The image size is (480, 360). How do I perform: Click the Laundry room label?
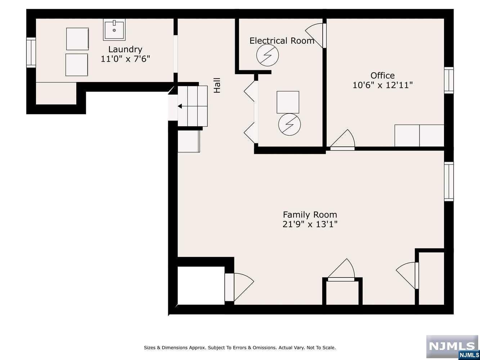(x=125, y=50)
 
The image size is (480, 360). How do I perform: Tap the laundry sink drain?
(x=114, y=30)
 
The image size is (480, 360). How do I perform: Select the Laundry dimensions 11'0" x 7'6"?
(x=125, y=59)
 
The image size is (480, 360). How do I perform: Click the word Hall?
(x=217, y=85)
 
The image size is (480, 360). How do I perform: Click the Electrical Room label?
(x=282, y=41)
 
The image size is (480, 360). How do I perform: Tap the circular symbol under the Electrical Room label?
(x=268, y=55)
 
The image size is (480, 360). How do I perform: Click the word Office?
(x=382, y=76)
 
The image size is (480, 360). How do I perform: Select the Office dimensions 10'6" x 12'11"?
(x=382, y=85)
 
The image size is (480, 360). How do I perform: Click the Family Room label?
(x=310, y=215)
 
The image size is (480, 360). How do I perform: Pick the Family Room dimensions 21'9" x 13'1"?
(x=310, y=224)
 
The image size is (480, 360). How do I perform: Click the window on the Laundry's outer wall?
(x=31, y=53)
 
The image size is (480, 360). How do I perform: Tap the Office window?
(x=449, y=80)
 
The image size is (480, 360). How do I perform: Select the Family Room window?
(x=449, y=181)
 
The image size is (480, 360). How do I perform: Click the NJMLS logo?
(x=452, y=347)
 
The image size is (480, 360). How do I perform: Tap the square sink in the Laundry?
(x=114, y=30)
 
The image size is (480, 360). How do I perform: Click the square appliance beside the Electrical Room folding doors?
(x=288, y=102)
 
